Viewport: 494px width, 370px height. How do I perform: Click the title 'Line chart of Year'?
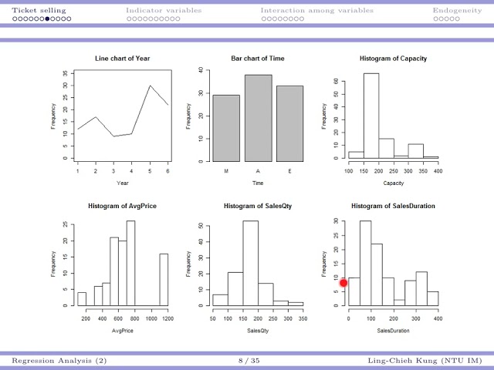coord(123,59)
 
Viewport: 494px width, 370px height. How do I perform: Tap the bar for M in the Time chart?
coord(226,128)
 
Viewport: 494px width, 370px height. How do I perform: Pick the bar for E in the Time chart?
coord(289,123)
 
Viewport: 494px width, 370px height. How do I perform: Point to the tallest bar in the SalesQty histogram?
coord(250,263)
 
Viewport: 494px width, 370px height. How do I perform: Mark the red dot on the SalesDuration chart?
coord(344,284)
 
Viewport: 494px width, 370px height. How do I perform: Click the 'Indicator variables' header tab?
coord(164,11)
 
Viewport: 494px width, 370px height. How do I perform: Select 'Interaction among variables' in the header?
coord(316,11)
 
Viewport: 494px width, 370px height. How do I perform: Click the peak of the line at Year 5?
coord(151,86)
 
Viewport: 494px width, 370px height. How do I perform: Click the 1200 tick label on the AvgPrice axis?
coord(167,318)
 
